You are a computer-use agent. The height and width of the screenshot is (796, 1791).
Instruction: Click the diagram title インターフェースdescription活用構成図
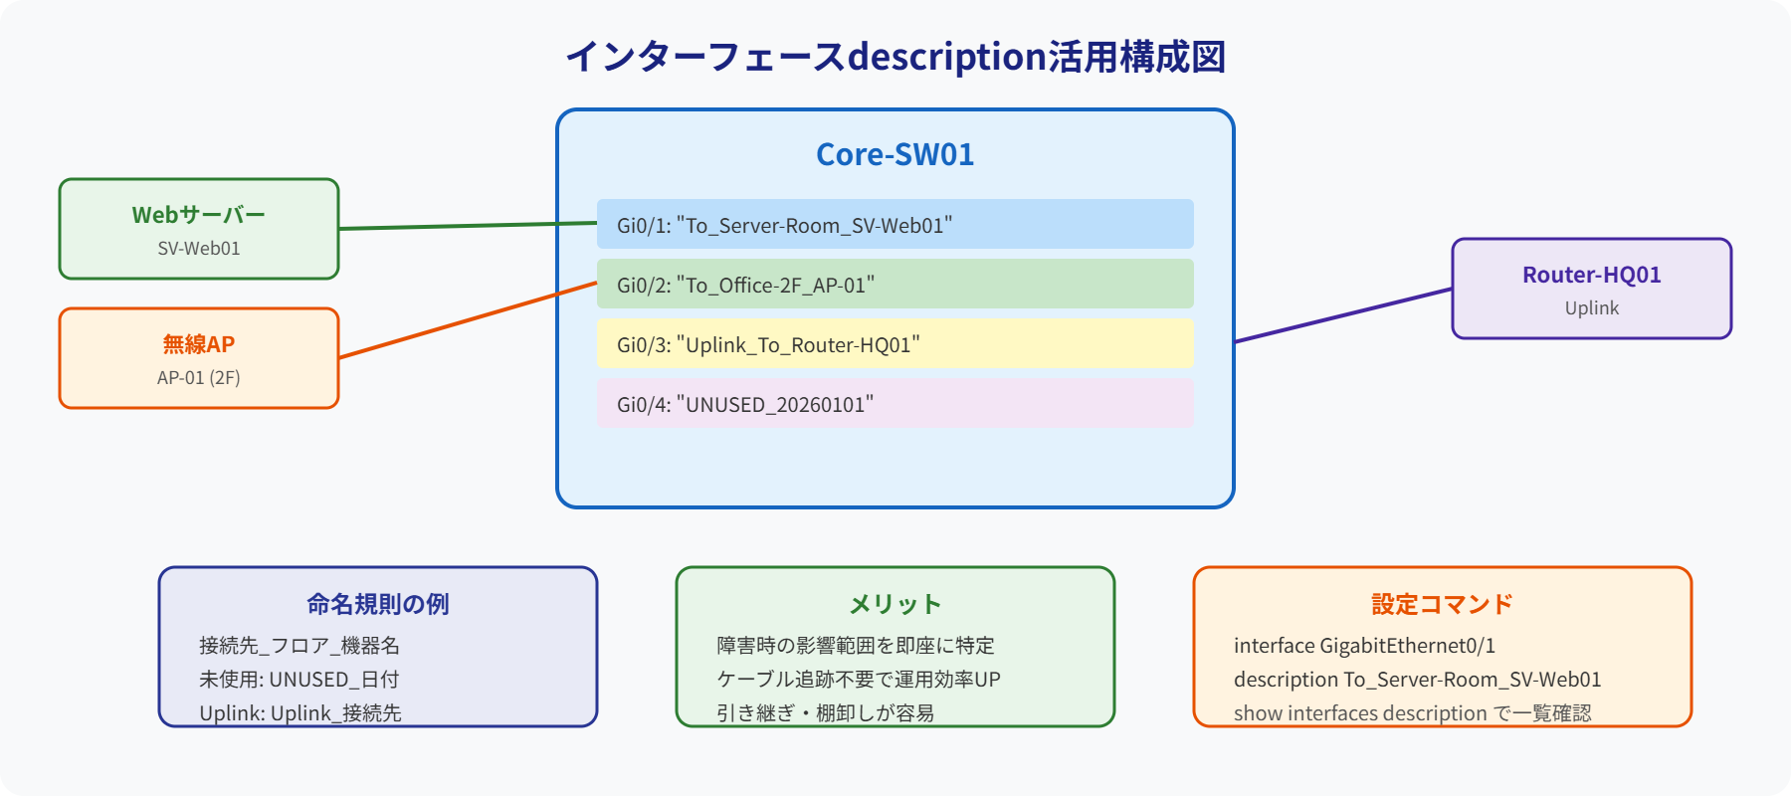(x=895, y=57)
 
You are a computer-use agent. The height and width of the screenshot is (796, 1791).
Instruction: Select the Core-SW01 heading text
(x=895, y=154)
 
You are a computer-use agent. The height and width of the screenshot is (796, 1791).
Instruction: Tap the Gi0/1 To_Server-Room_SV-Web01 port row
(x=895, y=224)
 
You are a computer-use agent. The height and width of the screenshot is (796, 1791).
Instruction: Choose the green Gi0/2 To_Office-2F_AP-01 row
(x=895, y=285)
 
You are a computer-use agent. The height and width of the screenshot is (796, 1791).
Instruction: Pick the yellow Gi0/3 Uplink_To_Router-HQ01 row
(x=895, y=344)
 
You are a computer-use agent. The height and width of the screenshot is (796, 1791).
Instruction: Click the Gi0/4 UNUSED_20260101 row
(x=895, y=404)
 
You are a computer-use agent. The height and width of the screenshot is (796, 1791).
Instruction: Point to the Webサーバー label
(x=198, y=215)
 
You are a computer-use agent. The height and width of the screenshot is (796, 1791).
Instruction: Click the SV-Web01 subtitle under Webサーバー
(x=198, y=249)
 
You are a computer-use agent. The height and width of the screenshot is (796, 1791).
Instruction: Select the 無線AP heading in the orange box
(x=198, y=344)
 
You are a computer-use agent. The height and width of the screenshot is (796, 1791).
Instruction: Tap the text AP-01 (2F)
(x=198, y=378)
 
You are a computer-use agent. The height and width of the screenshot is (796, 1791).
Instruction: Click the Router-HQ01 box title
(x=1591, y=275)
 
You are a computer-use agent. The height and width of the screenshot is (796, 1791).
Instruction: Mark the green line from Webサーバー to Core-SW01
(x=468, y=226)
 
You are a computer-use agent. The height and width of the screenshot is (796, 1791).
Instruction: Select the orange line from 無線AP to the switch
(x=468, y=320)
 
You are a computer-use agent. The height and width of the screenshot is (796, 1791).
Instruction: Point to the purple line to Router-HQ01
(x=1343, y=315)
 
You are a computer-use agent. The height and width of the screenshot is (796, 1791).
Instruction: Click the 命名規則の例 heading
(x=377, y=604)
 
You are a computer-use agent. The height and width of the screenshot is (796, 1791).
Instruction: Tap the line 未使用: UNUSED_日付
(x=298, y=680)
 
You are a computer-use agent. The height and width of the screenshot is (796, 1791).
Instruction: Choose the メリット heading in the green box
(x=895, y=604)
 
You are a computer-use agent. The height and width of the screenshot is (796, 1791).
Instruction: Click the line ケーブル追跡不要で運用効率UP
(x=858, y=680)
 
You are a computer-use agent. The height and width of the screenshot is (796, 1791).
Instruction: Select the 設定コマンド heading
(x=1442, y=604)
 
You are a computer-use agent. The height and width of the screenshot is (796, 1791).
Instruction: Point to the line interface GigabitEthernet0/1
(x=1364, y=646)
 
